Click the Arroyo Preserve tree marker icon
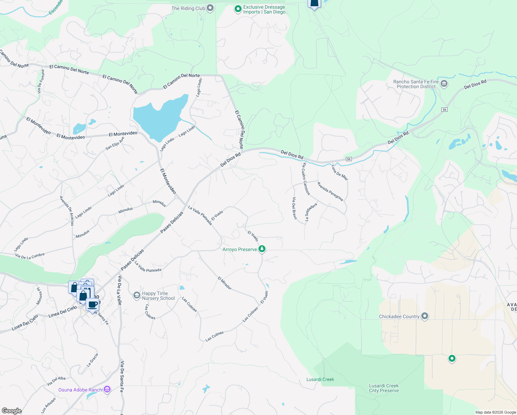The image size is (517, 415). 262,249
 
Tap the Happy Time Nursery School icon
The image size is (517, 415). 137,295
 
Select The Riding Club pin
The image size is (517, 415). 210,8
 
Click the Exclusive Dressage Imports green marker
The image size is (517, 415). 238,9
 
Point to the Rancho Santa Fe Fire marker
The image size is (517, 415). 444,84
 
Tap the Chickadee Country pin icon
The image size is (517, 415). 425,316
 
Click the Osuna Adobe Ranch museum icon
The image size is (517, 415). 107,390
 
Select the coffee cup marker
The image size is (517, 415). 93,305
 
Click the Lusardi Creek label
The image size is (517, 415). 320,379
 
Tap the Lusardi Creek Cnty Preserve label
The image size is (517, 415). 384,388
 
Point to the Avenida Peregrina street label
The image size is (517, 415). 330,191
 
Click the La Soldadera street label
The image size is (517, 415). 311,212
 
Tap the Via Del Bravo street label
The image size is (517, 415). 294,208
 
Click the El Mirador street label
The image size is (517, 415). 225,283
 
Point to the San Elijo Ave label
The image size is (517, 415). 115,144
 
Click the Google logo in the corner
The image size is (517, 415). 11,411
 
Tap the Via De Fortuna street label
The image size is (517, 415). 41,82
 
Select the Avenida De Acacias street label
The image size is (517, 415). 67,211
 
